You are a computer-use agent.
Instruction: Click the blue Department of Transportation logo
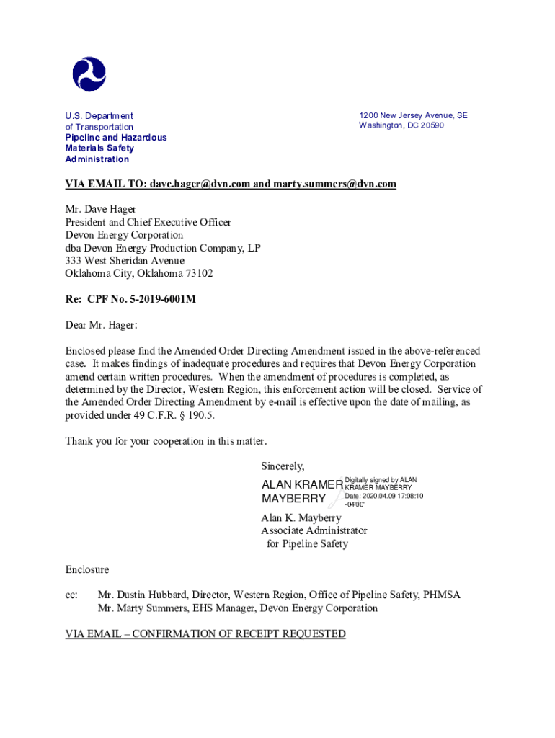click(89, 74)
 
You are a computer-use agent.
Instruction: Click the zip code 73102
click(198, 274)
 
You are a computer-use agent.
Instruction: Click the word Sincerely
click(283, 466)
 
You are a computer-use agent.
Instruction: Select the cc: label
click(71, 595)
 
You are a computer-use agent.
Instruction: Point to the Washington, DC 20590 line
click(401, 125)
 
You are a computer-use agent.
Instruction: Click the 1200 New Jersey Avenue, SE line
click(413, 115)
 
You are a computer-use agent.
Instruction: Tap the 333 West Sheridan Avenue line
click(125, 261)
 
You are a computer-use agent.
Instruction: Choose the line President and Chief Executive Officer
click(148, 222)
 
